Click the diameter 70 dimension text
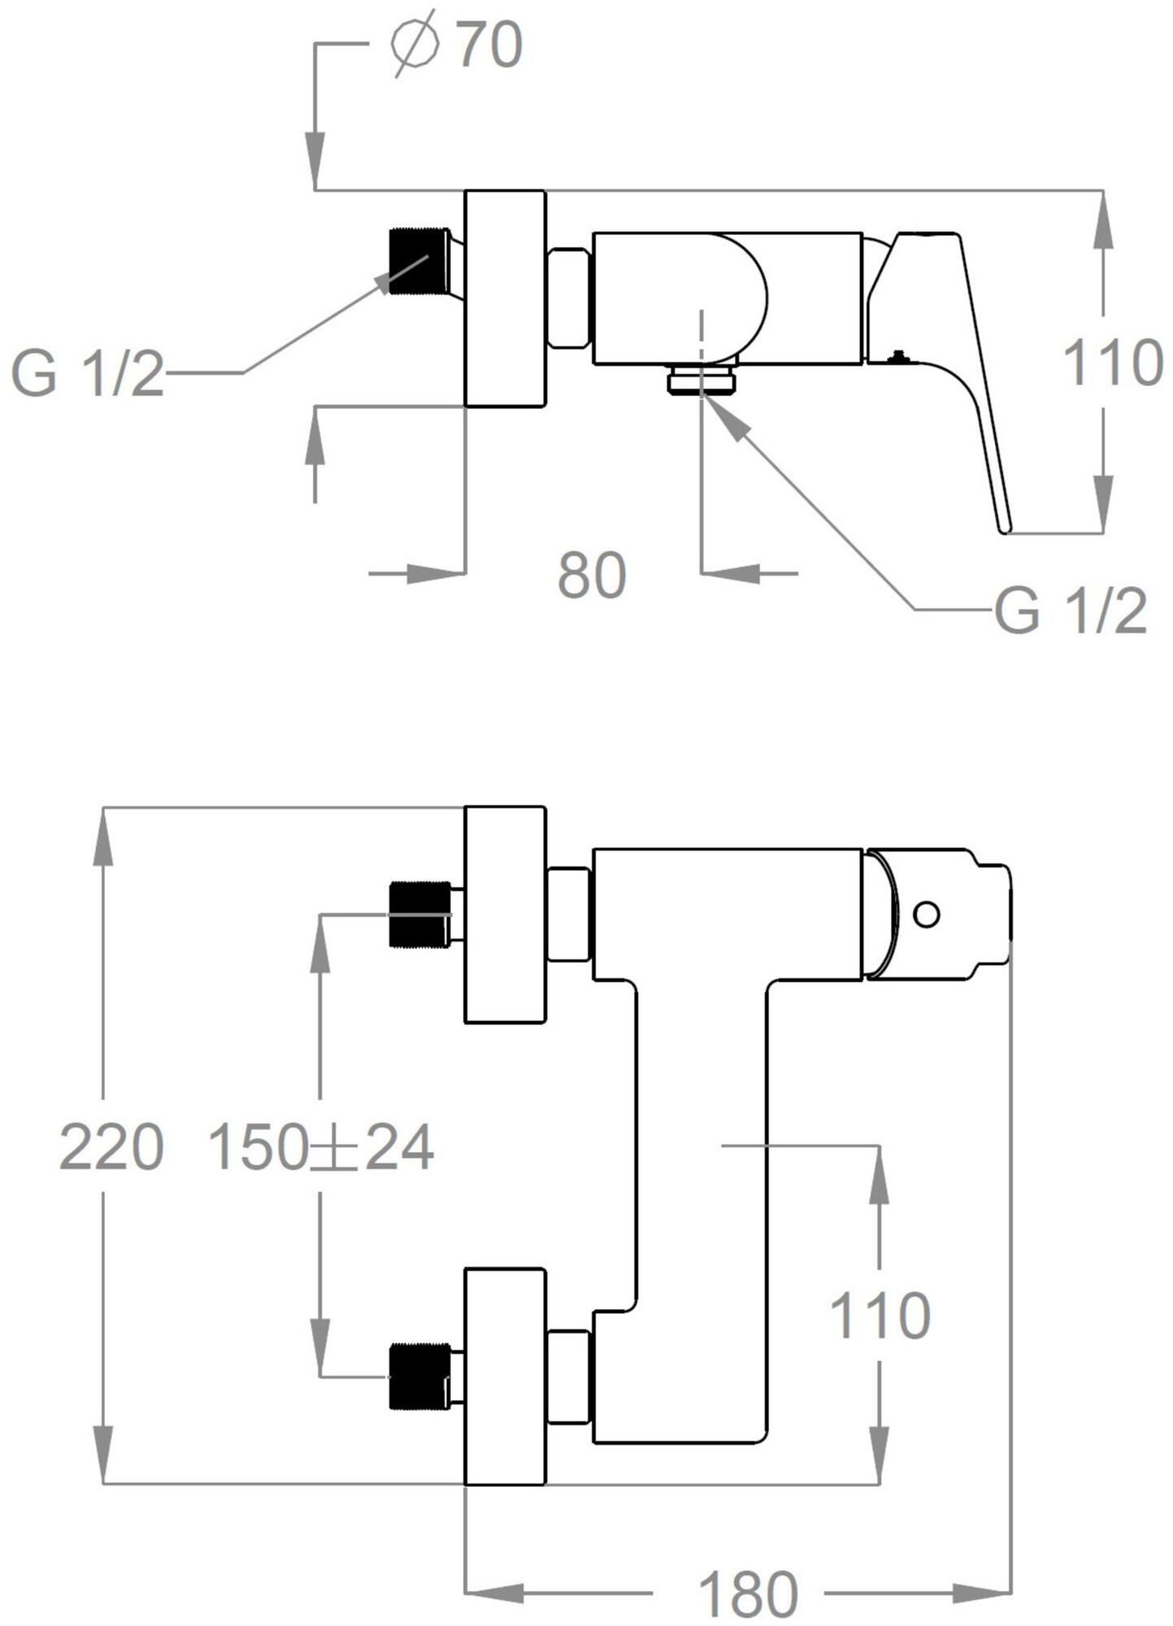click(456, 45)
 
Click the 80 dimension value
click(592, 576)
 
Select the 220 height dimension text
click(111, 1148)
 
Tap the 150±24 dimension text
click(321, 1148)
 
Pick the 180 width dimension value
click(748, 1594)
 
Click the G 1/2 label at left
click(87, 373)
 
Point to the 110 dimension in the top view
click(1113, 363)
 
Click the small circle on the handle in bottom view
click(927, 914)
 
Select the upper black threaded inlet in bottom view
click(419, 915)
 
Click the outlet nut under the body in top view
click(702, 380)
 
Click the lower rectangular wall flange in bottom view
click(504, 1376)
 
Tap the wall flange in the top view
click(505, 298)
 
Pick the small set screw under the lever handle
click(898, 355)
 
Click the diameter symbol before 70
click(415, 45)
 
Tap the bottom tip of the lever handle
click(1006, 531)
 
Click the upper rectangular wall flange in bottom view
click(504, 915)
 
